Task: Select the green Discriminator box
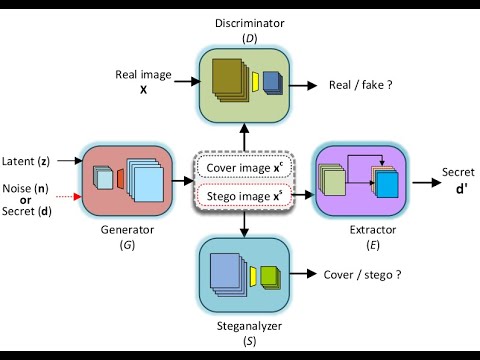click(242, 85)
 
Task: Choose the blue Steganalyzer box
click(242, 276)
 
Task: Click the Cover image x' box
click(243, 165)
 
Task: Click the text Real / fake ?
click(360, 86)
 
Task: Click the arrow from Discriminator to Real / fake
click(300, 86)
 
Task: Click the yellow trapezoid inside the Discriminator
click(256, 80)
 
